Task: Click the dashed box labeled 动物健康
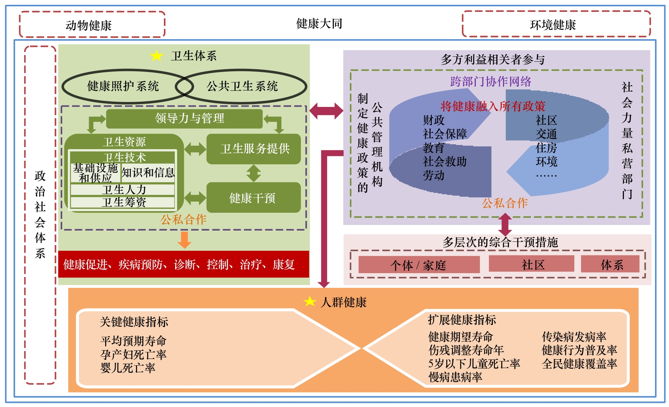tap(92, 24)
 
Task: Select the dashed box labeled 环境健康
tap(556, 24)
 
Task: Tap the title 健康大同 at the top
tap(319, 23)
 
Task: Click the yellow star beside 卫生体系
tap(156, 56)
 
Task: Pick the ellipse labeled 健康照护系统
tap(123, 86)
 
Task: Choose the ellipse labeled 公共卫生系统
tap(242, 86)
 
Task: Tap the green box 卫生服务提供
tap(254, 148)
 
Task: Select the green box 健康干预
tap(254, 198)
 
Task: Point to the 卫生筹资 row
tap(123, 202)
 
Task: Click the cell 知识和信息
tap(148, 173)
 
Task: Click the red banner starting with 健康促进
tap(184, 264)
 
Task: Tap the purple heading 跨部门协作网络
tap(490, 81)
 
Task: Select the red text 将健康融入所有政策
tap(492, 106)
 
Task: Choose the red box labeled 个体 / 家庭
tap(419, 265)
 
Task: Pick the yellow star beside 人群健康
tap(310, 301)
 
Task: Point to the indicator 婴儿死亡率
tap(128, 368)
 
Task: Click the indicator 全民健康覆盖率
tap(579, 364)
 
